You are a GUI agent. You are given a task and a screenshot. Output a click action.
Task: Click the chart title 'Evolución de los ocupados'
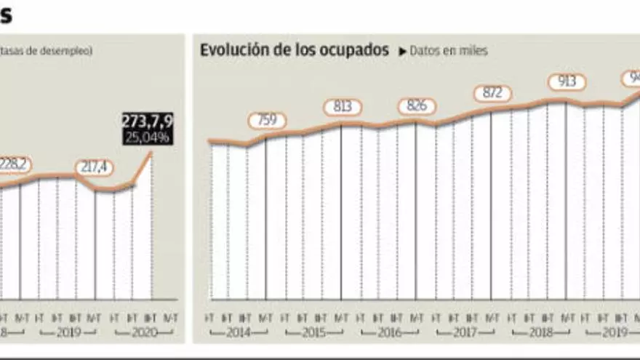tap(295, 50)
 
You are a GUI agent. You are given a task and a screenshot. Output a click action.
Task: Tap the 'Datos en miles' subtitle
tap(448, 51)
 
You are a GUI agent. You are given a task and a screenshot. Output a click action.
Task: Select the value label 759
tap(267, 120)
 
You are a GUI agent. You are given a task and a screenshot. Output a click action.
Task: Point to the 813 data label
tap(343, 107)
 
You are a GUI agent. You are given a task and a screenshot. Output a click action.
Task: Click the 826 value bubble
tap(417, 107)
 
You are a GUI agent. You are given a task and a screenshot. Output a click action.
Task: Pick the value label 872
tap(492, 94)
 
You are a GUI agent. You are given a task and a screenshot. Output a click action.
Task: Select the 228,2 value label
tap(15, 164)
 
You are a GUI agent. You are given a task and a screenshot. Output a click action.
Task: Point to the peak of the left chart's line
tap(151, 152)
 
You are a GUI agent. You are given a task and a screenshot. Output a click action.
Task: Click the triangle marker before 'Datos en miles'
tap(402, 52)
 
